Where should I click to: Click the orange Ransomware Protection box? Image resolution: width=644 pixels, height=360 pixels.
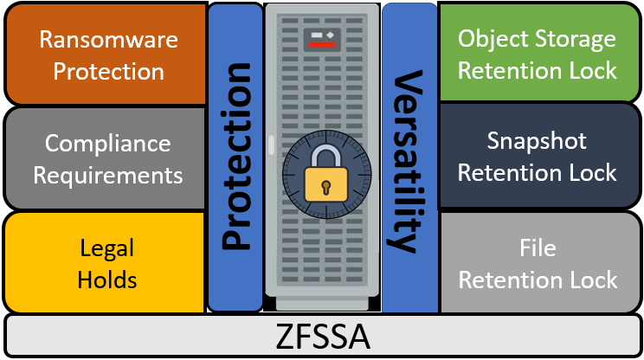pos(104,54)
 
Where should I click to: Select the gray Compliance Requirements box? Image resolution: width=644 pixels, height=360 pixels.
pos(104,157)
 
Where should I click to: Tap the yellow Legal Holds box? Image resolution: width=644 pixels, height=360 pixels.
pos(104,263)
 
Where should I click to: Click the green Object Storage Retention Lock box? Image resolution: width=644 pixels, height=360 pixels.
pos(538,54)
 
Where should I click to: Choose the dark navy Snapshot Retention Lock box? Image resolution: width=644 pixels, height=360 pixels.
pos(538,157)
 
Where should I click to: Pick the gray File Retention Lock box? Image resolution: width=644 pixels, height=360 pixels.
pos(538,264)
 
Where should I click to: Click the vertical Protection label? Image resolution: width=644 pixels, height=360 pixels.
pos(235,157)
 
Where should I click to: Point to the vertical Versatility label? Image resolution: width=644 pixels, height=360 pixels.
pos(409,161)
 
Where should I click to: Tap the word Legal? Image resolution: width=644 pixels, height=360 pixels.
pos(106,249)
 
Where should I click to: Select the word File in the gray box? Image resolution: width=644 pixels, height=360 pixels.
pos(538,249)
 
